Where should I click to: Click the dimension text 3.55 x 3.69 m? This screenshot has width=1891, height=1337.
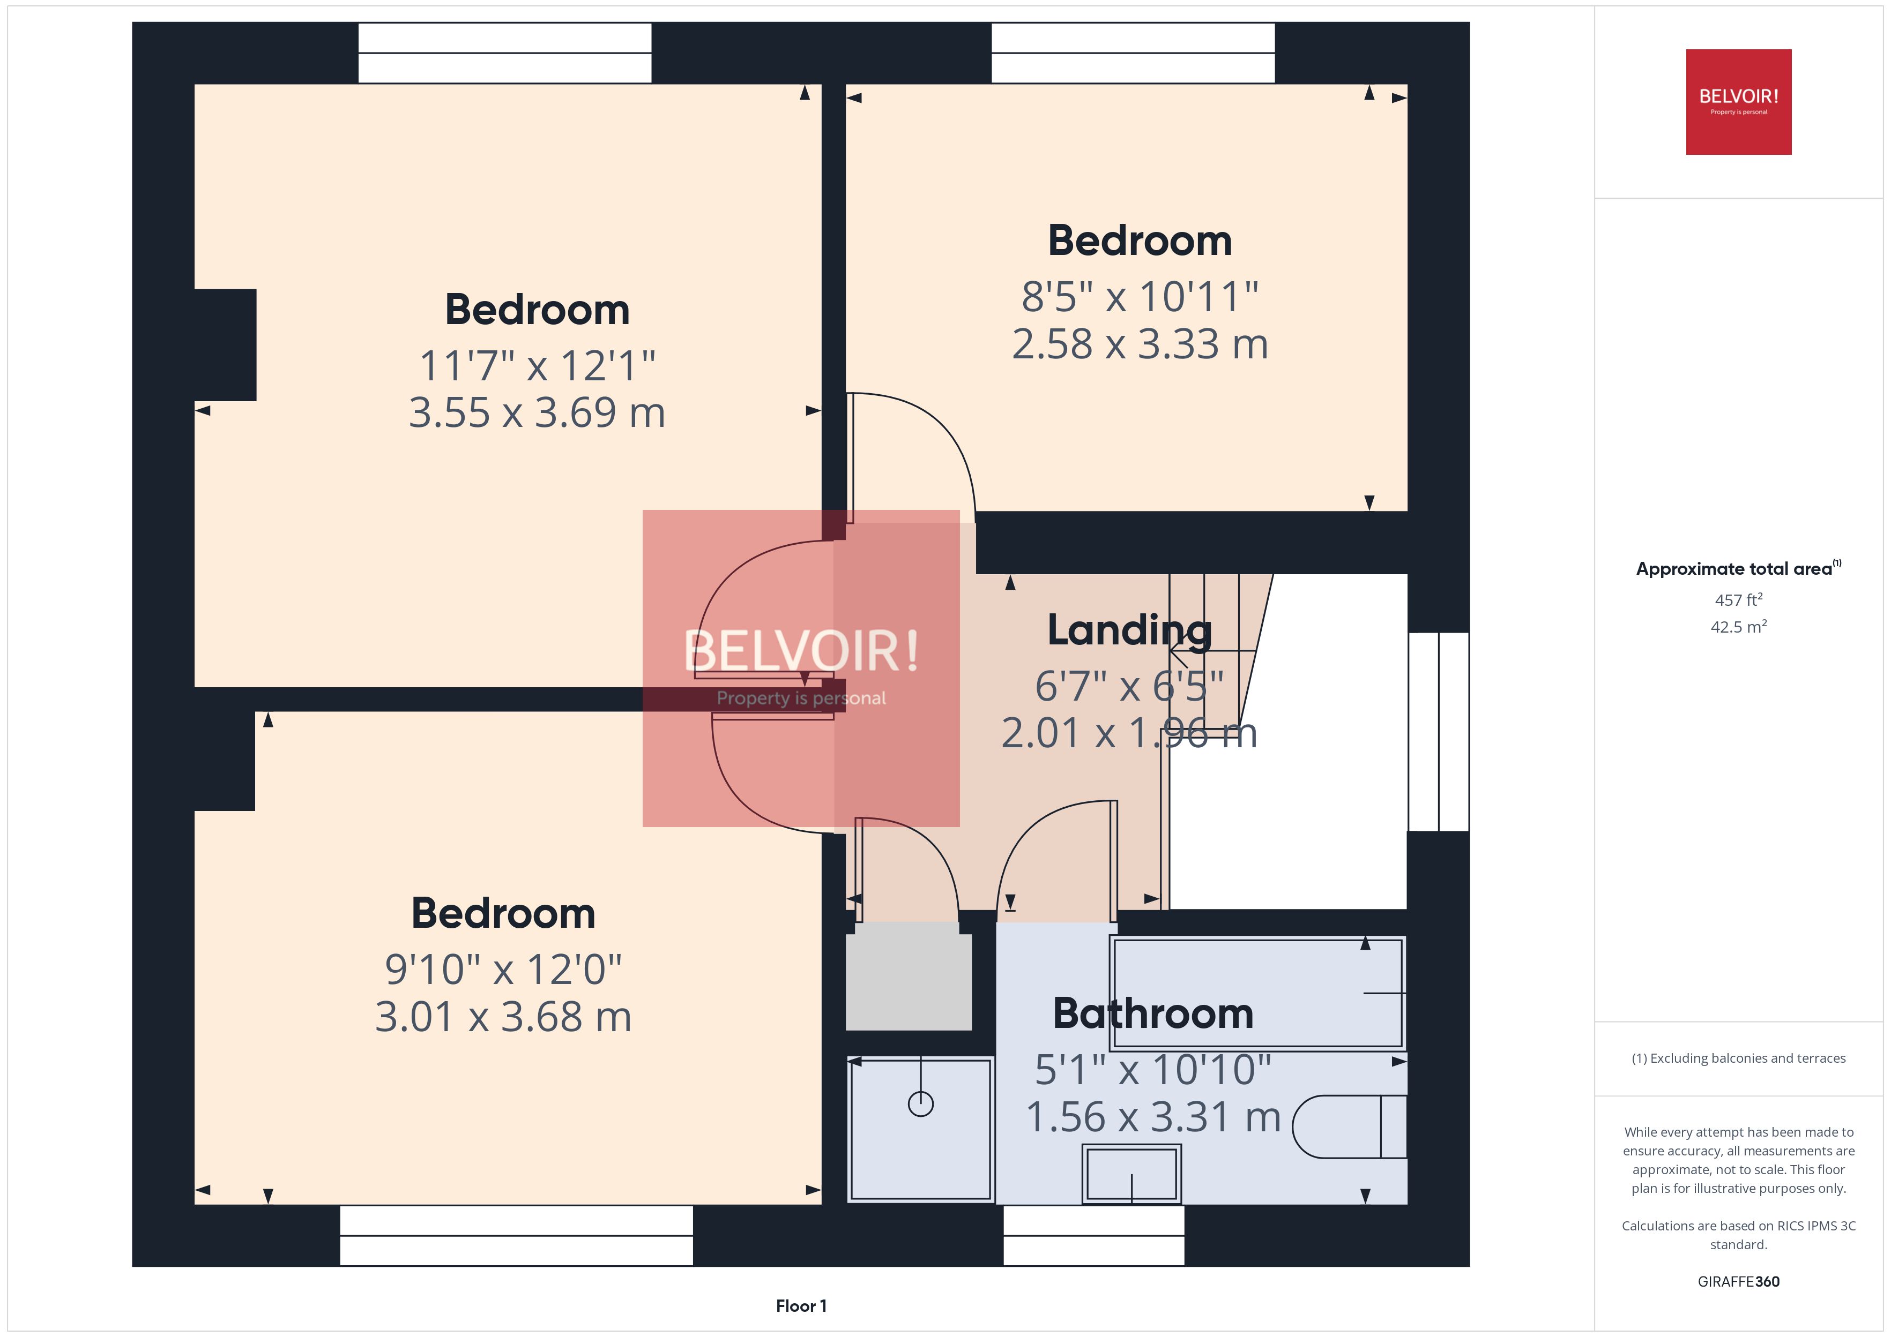point(537,412)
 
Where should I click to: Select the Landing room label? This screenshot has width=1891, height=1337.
point(1129,630)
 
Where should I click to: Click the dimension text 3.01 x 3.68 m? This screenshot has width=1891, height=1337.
point(503,1017)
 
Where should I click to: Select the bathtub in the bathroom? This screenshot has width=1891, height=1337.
point(1257,993)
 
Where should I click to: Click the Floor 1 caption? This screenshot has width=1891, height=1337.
point(801,1306)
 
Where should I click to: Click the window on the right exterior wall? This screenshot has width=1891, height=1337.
point(1438,731)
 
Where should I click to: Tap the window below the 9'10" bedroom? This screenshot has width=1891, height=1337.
point(516,1235)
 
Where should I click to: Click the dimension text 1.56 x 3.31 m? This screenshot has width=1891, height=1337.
point(1152,1117)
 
